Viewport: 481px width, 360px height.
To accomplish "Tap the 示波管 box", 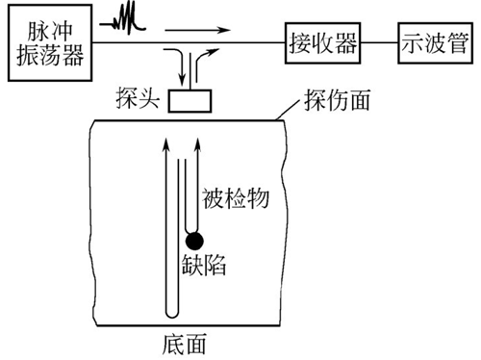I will pos(430,43).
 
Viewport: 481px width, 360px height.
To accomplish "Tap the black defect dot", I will pos(195,241).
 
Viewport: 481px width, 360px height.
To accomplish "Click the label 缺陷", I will pos(203,267).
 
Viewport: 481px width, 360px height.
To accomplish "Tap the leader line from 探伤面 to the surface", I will pos(289,113).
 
